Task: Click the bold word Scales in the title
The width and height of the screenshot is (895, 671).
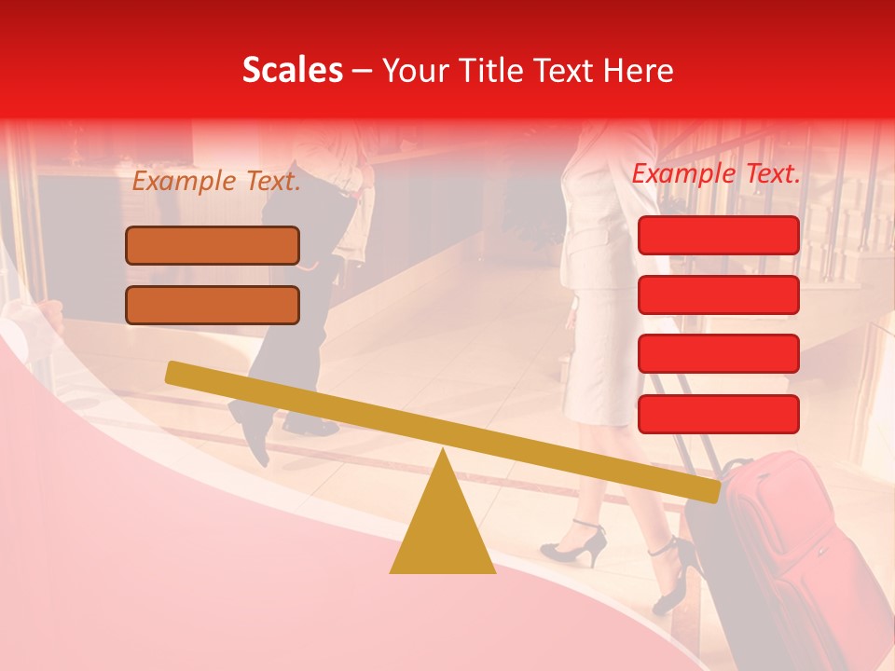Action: coord(292,71)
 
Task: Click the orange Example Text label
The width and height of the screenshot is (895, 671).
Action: coord(216,182)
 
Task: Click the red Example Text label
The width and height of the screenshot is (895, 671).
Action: coord(716,174)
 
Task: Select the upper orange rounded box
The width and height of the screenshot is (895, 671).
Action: coord(213,246)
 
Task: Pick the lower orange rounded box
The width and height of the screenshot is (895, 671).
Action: coord(213,305)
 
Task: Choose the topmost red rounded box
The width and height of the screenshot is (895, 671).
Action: coord(718,235)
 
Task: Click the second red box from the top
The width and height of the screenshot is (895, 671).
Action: coord(718,294)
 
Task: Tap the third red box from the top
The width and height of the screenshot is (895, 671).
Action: coord(718,354)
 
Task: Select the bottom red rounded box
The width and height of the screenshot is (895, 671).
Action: coord(718,414)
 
